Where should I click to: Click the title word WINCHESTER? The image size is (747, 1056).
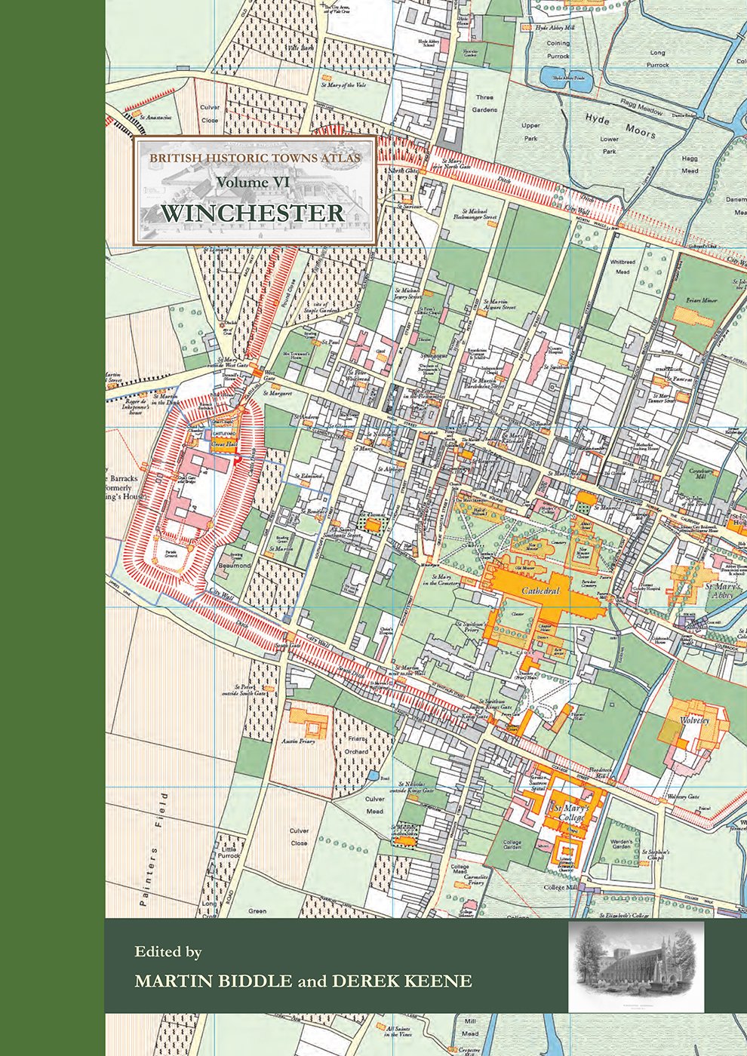click(x=252, y=213)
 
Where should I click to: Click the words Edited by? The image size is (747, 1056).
click(x=168, y=952)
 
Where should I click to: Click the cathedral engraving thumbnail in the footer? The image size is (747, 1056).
click(x=636, y=965)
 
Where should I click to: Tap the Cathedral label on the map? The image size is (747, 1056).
click(x=540, y=591)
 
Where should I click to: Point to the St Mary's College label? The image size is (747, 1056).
click(x=572, y=813)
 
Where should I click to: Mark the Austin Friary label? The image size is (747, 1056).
click(x=298, y=741)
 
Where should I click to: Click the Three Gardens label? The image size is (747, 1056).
click(x=485, y=103)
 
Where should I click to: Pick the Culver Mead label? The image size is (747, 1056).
click(x=374, y=805)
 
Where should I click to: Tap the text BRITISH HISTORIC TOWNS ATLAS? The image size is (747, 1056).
click(x=254, y=158)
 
